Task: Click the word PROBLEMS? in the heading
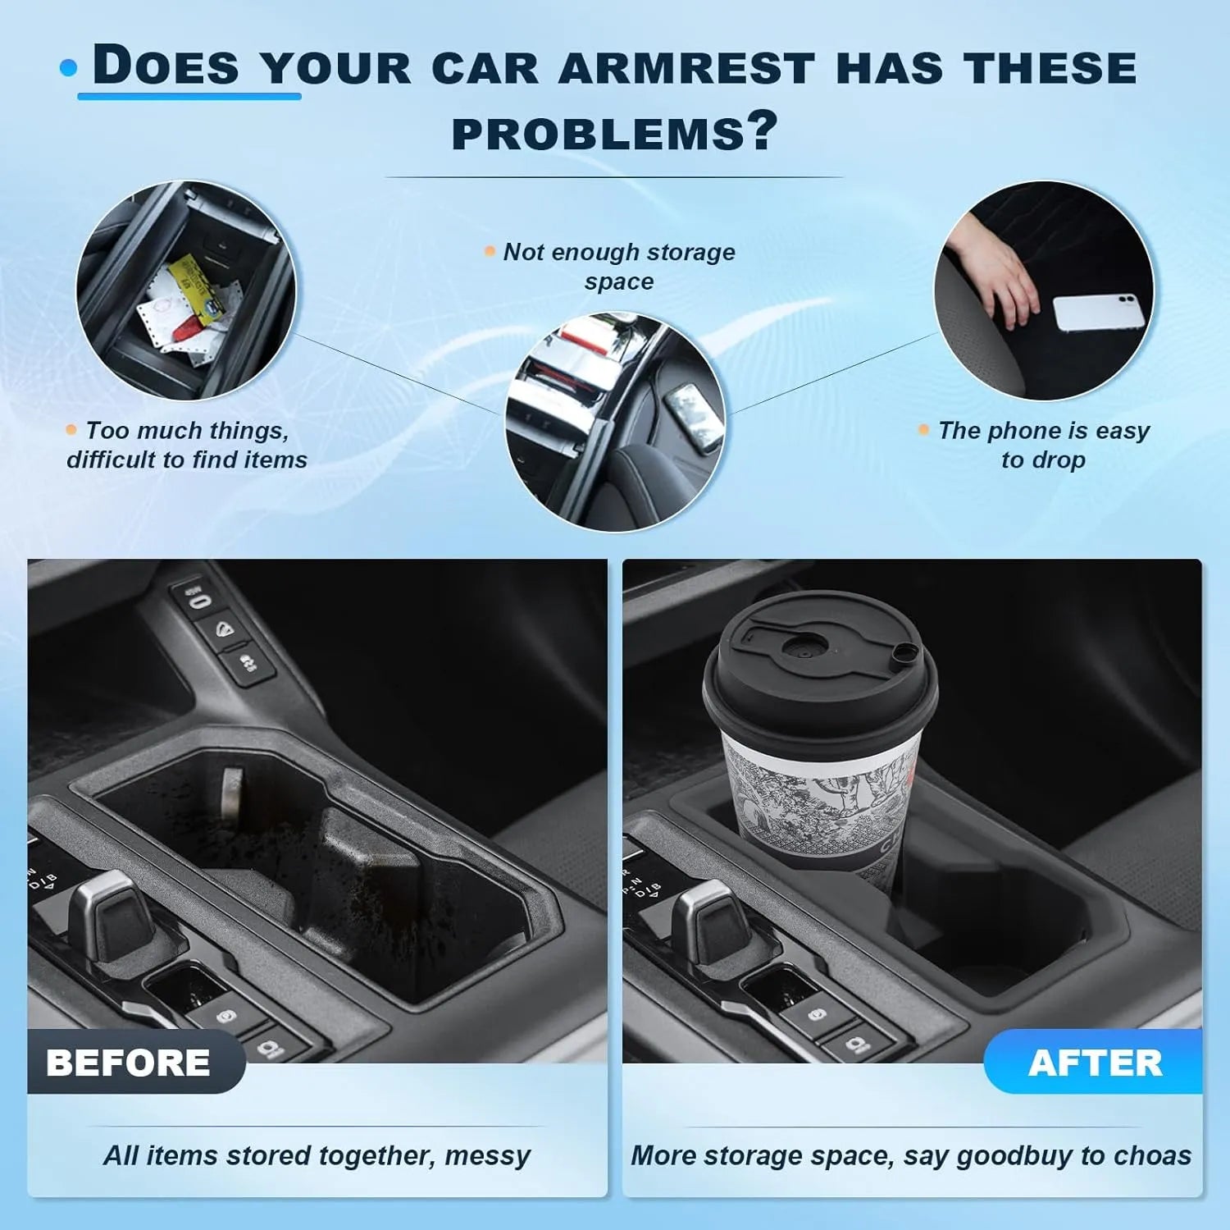[x=613, y=134]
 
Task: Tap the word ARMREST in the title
[x=686, y=68]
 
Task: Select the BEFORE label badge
[x=129, y=1063]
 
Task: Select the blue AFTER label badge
[x=1095, y=1063]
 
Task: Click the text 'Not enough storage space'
[x=619, y=266]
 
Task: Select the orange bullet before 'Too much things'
[x=71, y=429]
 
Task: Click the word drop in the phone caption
[x=1059, y=460]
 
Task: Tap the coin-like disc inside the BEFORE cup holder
[x=232, y=793]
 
